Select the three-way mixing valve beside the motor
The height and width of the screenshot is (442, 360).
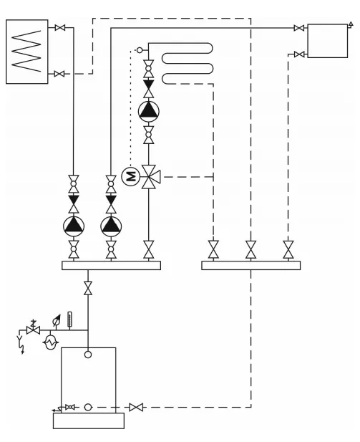pos(150,177)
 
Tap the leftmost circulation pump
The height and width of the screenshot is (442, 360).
pos(74,226)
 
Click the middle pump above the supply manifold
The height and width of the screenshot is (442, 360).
pos(111,226)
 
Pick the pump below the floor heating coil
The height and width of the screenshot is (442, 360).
pos(148,111)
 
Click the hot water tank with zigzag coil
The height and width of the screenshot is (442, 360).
pos(27,52)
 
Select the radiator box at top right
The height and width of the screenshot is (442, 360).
pos(327,41)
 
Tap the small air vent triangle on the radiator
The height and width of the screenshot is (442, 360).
pos(351,24)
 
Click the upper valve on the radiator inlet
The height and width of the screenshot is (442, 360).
pos(299,28)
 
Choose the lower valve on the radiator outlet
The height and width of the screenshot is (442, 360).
pos(299,54)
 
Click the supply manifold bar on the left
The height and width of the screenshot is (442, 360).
pos(111,265)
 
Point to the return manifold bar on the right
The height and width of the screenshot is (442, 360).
pos(251,265)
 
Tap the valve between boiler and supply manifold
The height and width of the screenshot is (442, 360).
pos(88,288)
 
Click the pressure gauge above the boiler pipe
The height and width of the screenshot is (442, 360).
pos(56,321)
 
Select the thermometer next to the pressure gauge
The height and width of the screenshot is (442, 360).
pos(69,320)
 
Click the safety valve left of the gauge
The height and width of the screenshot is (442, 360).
pos(33,330)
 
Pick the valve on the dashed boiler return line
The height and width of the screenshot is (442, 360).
pos(136,407)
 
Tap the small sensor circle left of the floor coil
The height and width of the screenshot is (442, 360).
pos(140,50)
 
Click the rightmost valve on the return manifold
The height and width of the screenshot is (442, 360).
pos(288,250)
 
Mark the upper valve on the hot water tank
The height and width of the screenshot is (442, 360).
pos(59,28)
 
